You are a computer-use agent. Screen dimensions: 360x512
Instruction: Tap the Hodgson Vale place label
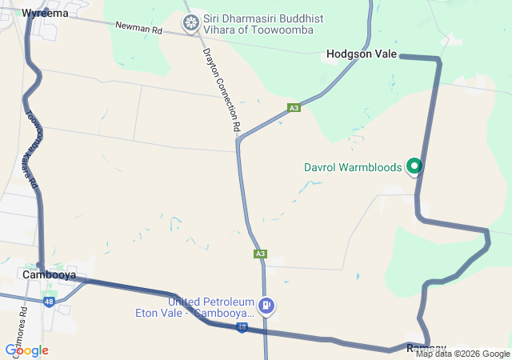click(x=362, y=54)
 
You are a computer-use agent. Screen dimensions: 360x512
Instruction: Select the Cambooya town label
click(x=49, y=274)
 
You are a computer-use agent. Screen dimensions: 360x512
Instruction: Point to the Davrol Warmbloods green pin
click(x=414, y=166)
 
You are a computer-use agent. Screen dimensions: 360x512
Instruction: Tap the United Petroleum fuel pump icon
click(x=267, y=305)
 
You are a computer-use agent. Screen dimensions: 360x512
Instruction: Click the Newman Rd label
click(x=138, y=30)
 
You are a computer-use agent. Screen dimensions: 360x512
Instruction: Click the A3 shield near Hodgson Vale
click(x=294, y=107)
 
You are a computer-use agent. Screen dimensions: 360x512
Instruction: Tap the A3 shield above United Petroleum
click(x=260, y=254)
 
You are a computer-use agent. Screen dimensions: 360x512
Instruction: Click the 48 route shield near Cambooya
click(x=49, y=302)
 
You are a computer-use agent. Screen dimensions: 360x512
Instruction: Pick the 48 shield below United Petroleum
click(x=242, y=328)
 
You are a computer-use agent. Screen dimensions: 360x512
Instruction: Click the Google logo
click(x=26, y=350)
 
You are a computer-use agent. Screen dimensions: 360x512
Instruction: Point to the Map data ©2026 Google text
click(x=462, y=354)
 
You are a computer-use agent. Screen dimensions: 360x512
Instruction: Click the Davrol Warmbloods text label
click(x=354, y=168)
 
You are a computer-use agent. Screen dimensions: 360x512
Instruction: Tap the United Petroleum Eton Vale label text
click(x=211, y=307)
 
